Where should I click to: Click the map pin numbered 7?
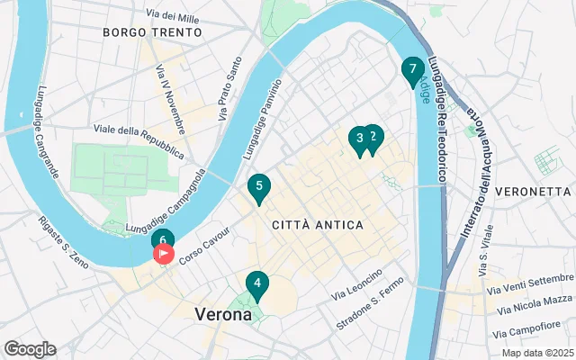(x=412, y=69)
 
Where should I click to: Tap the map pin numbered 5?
(x=259, y=187)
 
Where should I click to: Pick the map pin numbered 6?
(x=163, y=240)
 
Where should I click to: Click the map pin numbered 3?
(x=359, y=139)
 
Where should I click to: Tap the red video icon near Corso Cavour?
(x=165, y=255)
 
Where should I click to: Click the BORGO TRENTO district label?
(x=143, y=32)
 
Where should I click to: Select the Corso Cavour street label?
(x=204, y=244)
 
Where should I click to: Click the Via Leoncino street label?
(x=358, y=284)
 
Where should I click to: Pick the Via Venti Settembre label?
(x=530, y=283)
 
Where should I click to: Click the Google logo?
(x=30, y=348)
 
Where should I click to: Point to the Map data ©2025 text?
(x=537, y=353)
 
